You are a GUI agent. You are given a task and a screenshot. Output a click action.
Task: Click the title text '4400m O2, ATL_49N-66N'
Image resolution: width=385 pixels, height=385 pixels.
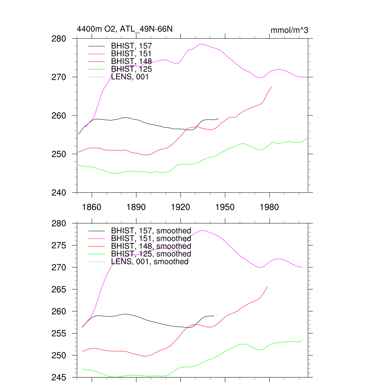(x=124, y=29)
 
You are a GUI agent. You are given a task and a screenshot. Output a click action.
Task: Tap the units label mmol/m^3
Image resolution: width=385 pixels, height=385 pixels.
(x=289, y=30)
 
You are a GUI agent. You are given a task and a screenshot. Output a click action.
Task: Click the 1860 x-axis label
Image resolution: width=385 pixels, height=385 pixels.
(x=92, y=207)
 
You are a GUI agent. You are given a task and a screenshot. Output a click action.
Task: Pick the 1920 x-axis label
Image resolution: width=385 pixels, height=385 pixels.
(x=180, y=207)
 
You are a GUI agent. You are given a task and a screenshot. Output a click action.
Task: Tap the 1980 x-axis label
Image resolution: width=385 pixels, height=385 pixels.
(x=269, y=207)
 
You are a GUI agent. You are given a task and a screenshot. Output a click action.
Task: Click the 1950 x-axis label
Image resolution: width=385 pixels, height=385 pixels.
(x=225, y=207)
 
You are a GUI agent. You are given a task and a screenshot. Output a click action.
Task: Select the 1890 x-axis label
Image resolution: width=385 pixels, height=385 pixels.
(x=136, y=207)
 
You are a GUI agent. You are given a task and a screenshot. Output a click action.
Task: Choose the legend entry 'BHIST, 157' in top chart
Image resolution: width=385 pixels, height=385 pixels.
(x=131, y=46)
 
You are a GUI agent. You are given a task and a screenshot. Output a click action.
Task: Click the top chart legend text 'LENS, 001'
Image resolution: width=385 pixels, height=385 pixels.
(x=130, y=77)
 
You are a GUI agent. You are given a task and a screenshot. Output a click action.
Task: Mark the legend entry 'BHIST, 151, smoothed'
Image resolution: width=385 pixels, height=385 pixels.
(x=151, y=238)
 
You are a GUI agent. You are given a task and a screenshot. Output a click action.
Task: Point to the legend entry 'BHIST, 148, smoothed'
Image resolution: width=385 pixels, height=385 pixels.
(x=151, y=246)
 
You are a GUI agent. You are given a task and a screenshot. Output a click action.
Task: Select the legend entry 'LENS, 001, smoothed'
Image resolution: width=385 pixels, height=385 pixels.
(x=150, y=262)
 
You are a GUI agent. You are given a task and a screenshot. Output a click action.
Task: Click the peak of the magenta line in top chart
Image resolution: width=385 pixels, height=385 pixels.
(x=202, y=44)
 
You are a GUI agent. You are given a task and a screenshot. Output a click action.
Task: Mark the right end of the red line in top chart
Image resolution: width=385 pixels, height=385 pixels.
(x=271, y=87)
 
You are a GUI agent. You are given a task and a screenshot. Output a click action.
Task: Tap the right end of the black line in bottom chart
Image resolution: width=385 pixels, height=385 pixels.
(x=214, y=316)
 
